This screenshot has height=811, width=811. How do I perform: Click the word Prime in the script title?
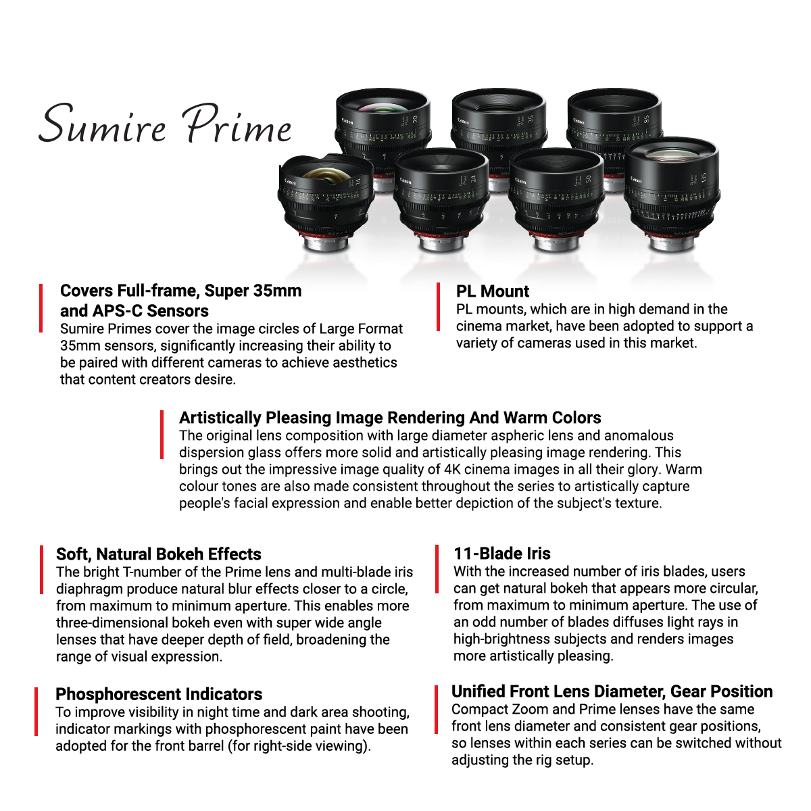coord(238,124)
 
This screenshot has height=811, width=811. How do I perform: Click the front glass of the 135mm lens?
coord(672,157)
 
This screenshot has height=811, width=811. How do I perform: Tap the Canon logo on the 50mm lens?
coord(520,181)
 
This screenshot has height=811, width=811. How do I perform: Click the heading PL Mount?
coord(493,291)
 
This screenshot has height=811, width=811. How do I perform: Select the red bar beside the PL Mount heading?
coord(439,308)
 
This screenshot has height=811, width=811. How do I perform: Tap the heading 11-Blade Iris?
coord(502,554)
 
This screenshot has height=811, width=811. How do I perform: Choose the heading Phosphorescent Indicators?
coord(159,694)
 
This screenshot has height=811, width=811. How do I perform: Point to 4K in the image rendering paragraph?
coord(452,470)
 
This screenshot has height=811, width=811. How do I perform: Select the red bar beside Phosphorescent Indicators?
coord(36,712)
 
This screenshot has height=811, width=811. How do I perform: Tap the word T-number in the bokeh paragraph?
coord(147,572)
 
